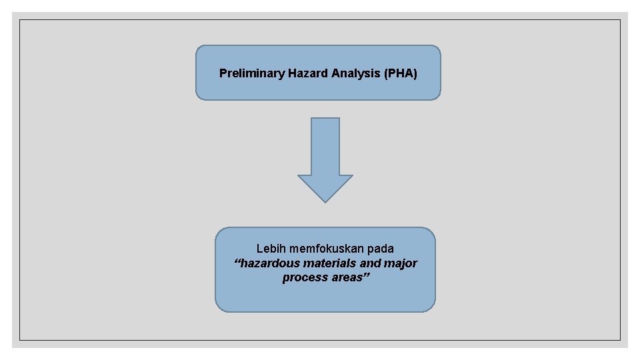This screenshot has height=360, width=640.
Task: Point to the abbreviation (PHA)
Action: point(401,73)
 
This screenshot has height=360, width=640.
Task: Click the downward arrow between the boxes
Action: point(325,160)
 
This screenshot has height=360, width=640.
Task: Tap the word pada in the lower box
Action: point(381,249)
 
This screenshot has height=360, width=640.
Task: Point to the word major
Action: point(401,263)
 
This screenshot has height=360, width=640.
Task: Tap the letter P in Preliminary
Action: point(223,73)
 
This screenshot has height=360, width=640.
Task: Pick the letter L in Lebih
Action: point(259,249)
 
